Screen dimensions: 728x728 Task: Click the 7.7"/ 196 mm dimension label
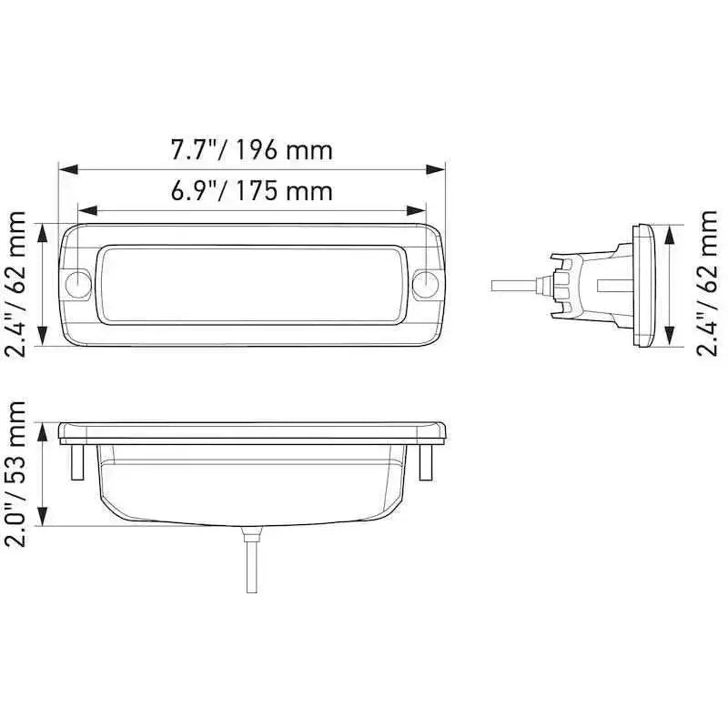click(x=252, y=150)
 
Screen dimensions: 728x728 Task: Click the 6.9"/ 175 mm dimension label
click(x=252, y=191)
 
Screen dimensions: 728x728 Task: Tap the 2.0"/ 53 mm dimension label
click(x=15, y=474)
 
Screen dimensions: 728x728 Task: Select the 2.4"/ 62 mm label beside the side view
click(x=707, y=283)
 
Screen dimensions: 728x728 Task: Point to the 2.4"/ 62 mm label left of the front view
click(x=15, y=283)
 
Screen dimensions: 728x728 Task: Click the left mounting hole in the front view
click(x=78, y=284)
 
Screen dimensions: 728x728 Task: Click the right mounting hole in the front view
click(x=425, y=284)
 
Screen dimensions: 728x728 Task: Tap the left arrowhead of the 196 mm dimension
click(x=69, y=169)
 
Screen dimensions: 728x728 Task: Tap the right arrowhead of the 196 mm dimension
click(x=436, y=169)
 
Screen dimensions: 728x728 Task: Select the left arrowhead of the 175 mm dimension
click(x=87, y=210)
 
